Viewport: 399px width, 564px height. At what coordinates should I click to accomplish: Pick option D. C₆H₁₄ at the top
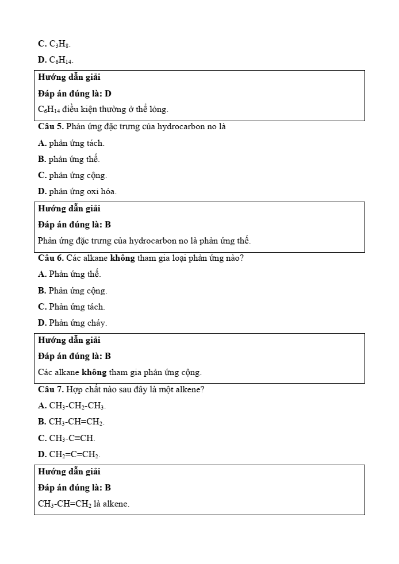click(56, 60)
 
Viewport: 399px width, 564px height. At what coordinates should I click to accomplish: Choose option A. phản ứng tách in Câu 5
click(71, 143)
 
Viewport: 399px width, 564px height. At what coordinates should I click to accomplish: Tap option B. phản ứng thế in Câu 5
click(69, 159)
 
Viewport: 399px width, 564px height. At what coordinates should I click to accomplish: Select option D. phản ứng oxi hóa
click(77, 191)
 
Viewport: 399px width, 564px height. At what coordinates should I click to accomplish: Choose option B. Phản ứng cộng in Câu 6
click(72, 291)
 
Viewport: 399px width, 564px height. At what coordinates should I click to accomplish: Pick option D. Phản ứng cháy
click(72, 323)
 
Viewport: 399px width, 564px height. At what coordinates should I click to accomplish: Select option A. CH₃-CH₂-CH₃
click(72, 405)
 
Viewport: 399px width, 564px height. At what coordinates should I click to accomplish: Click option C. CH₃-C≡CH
click(67, 438)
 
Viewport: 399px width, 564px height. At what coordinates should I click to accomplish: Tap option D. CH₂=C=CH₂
click(69, 454)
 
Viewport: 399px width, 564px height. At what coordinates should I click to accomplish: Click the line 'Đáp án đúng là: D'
click(75, 93)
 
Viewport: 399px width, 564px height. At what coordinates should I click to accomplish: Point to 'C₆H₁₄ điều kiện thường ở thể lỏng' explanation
click(103, 109)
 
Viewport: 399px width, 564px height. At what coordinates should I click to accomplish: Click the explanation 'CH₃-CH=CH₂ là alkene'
click(84, 504)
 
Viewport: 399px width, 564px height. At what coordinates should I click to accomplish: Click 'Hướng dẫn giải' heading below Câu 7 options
click(69, 472)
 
